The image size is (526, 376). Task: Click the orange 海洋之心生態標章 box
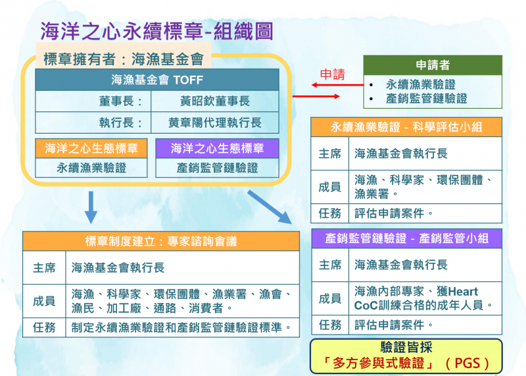coord(91,148)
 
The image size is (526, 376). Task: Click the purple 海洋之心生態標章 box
coord(217,148)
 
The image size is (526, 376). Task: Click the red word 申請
coord(332,75)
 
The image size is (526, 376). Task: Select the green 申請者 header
coord(433,65)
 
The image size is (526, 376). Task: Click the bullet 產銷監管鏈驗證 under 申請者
coord(427,98)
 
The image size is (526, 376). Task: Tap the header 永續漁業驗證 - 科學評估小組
coord(406,127)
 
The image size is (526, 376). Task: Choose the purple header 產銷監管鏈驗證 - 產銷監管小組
coord(406,238)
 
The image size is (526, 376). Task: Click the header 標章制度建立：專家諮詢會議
coord(161,242)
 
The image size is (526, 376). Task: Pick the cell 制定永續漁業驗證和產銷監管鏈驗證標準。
coord(181,327)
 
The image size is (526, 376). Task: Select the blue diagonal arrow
coord(270,206)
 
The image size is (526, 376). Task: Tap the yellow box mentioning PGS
coord(406,355)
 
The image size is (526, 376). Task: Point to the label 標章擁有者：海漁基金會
coord(123,58)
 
